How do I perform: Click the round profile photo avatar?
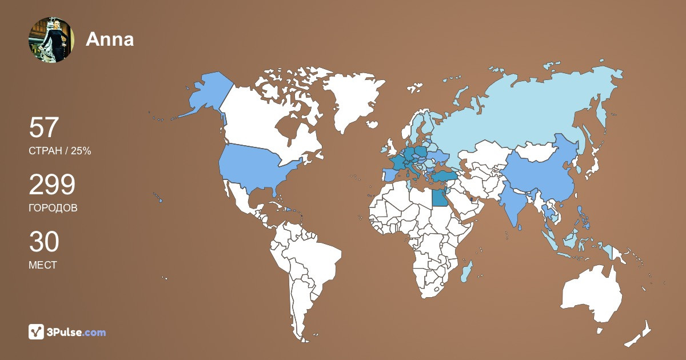coord(51,39)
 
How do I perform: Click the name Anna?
coord(110,39)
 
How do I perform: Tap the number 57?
coord(44,128)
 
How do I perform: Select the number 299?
coord(52,185)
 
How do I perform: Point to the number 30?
coord(44,242)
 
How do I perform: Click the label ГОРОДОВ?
coord(53,208)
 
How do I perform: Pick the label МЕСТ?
coord(43,265)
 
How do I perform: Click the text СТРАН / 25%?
coord(60,151)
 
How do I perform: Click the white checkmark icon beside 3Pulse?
coord(37,332)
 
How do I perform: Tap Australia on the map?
coord(592,294)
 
